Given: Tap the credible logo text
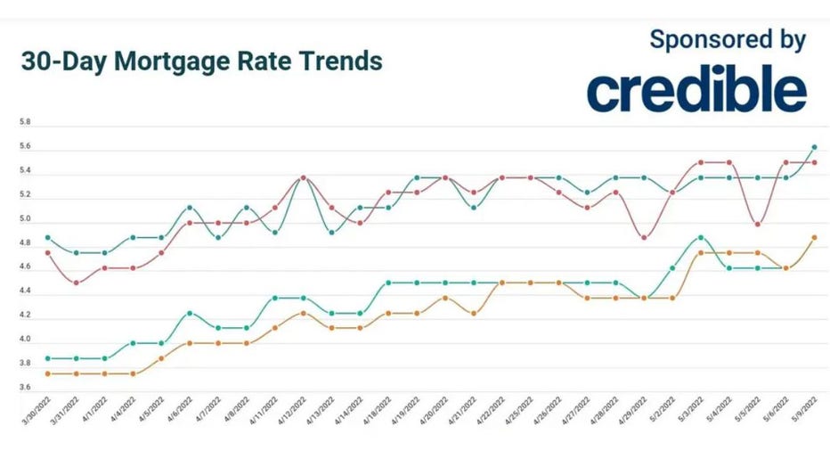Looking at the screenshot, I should [x=696, y=91].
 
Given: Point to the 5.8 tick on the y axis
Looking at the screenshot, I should [x=25, y=121].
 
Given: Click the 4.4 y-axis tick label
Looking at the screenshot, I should [x=25, y=291].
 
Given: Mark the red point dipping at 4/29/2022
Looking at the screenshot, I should [x=644, y=238].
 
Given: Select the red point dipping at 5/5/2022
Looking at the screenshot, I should [x=757, y=225].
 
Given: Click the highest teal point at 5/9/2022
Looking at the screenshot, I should [x=814, y=147].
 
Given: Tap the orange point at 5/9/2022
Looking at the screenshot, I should [x=814, y=238].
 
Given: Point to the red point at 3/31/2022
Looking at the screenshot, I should [x=76, y=283].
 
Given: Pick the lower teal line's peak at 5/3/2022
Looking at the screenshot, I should [x=701, y=238].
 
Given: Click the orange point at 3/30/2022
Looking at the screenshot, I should [x=47, y=373].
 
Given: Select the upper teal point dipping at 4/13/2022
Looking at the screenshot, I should [x=331, y=233].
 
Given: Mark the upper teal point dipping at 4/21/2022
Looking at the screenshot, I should [x=473, y=208].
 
